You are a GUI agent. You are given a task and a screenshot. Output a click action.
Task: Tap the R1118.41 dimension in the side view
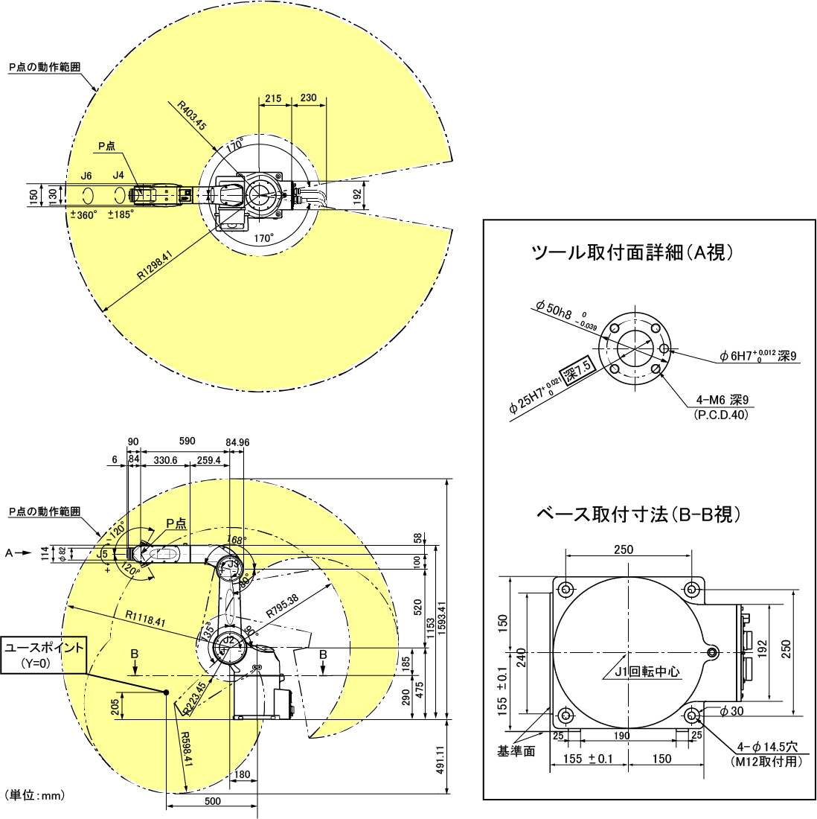pyautogui.click(x=145, y=617)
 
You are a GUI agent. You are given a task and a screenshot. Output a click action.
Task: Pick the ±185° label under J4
pyautogui.click(x=121, y=214)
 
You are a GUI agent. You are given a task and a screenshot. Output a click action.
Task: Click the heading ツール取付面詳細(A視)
pyautogui.click(x=632, y=253)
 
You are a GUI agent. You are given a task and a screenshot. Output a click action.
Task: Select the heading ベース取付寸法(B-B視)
pyautogui.click(x=638, y=514)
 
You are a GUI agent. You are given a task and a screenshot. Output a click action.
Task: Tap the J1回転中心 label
pyautogui.click(x=647, y=671)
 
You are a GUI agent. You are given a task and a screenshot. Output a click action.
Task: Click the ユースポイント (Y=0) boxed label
pyautogui.click(x=45, y=655)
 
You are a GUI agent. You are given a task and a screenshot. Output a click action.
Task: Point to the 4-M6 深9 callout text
pyautogui.click(x=723, y=401)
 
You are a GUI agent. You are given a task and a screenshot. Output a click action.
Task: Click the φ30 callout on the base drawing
pyautogui.click(x=731, y=711)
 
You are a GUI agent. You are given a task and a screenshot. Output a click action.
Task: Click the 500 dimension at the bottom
pyautogui.click(x=213, y=801)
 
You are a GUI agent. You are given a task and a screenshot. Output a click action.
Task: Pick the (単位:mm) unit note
pyautogui.click(x=35, y=795)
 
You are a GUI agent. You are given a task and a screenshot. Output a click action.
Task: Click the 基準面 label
pyautogui.click(x=516, y=752)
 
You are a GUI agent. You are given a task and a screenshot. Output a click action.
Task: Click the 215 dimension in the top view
pyautogui.click(x=273, y=98)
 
